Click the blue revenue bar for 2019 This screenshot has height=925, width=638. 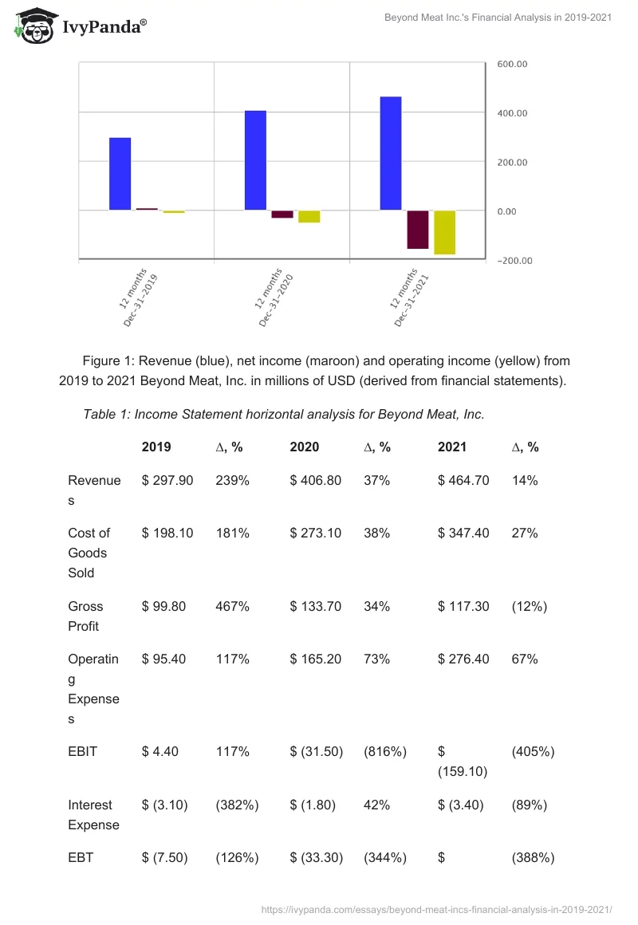coord(120,174)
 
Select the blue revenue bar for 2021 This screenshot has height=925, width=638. coord(391,153)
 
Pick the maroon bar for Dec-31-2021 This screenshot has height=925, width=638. coord(417,230)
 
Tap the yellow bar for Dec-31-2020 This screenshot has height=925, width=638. coord(309,217)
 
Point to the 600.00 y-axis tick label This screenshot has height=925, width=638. coord(513,64)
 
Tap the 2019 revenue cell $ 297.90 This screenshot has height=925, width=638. coord(167,480)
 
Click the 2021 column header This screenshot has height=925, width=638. coord(453,447)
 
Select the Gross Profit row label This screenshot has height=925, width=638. coord(85,616)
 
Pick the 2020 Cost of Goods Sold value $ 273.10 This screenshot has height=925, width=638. coord(316,533)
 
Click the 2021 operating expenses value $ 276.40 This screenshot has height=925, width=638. coord(463,659)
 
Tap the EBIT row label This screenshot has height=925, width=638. coord(83,751)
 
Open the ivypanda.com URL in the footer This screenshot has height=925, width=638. coord(436,908)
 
